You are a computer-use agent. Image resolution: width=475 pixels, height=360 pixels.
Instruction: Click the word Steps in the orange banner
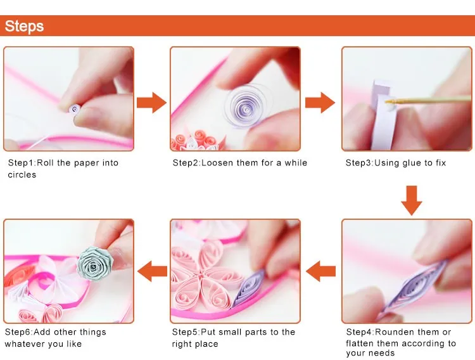pos(24,26)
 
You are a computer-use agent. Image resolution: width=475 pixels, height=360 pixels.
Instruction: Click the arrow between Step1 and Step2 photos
pos(151,103)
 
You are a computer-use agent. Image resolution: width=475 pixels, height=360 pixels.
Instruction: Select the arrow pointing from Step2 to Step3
pos(320,103)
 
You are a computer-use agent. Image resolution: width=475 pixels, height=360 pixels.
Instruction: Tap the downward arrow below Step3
pos(412,200)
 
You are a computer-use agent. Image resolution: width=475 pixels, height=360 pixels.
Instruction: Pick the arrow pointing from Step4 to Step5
pos(321,271)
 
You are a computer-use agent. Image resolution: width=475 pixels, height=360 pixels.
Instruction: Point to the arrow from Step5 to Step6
pos(152,271)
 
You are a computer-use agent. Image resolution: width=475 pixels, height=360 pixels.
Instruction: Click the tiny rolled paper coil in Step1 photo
pos(75,109)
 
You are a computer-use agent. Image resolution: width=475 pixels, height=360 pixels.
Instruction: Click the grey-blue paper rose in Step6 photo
pos(95,264)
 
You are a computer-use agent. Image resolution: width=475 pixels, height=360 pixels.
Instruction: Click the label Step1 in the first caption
pos(21,163)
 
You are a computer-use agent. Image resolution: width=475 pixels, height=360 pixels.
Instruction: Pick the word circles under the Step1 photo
pos(22,175)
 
